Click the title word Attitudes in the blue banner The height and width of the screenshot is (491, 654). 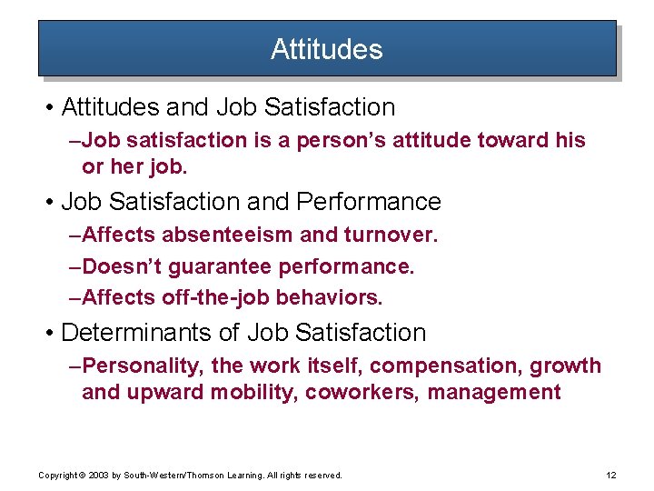(326, 49)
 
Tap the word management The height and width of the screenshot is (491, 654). (494, 393)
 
